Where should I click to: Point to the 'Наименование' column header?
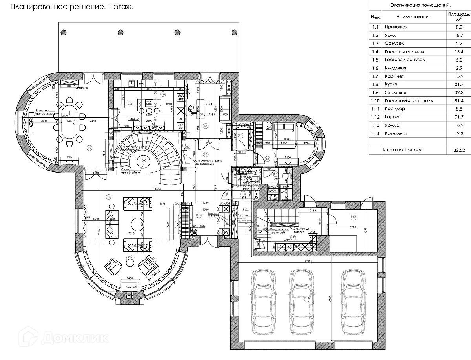pos(413,17)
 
